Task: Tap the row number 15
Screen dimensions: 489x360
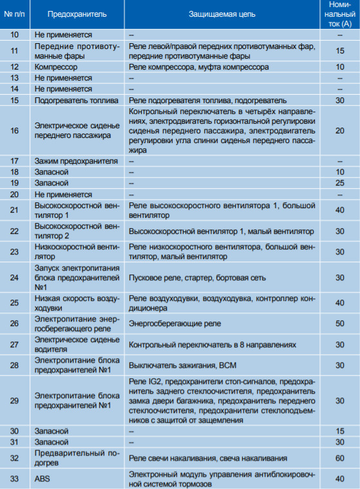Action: coord(14,101)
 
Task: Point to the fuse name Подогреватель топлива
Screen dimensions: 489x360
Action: coord(76,101)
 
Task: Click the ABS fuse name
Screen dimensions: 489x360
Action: coord(43,478)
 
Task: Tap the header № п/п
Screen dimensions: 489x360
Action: coord(15,14)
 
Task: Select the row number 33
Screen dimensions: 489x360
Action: coord(14,478)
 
